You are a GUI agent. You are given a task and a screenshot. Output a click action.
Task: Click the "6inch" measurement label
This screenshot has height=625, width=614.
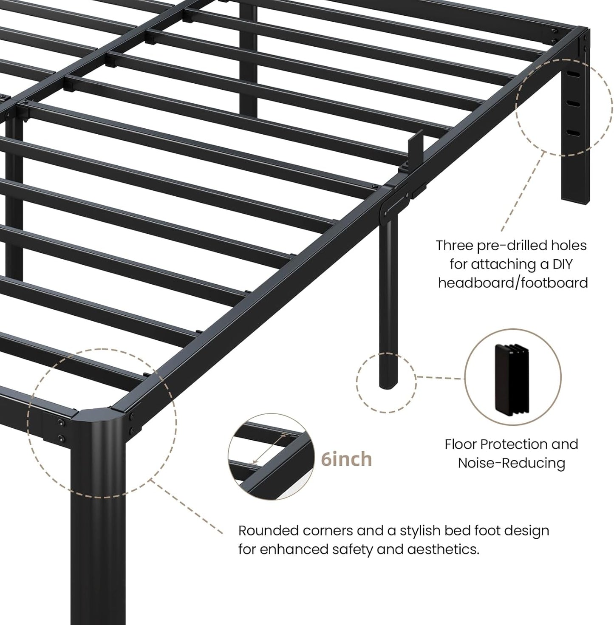click(346, 459)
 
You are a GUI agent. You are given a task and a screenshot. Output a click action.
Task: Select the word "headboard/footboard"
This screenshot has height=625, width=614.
click(513, 283)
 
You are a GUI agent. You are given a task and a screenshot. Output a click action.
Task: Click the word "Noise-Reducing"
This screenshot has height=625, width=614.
click(511, 463)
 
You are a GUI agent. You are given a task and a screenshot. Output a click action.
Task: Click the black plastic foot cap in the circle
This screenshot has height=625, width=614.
click(512, 378)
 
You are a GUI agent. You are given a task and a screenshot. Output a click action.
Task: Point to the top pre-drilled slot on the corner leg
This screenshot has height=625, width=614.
click(574, 74)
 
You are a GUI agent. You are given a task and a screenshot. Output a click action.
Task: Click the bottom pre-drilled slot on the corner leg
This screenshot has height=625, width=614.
click(574, 133)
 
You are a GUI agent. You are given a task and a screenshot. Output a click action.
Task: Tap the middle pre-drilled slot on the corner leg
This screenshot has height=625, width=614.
click(574, 104)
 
